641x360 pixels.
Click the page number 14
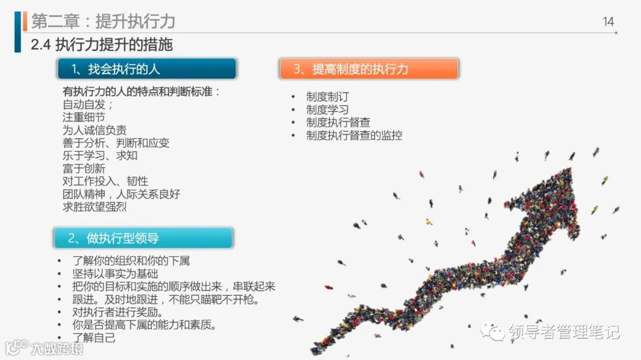608,22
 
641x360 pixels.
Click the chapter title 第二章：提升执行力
103,21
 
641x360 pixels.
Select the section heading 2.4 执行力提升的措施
101,45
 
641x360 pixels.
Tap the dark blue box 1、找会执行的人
147,69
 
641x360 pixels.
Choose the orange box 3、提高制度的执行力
369,69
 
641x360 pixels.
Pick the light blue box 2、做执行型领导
143,238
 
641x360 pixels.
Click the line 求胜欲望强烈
94,207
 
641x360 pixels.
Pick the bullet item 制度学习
328,110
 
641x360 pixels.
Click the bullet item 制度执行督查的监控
354,135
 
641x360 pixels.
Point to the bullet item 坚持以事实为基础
115,273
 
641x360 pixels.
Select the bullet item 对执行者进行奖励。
118,312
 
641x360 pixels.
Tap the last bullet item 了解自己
94,338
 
